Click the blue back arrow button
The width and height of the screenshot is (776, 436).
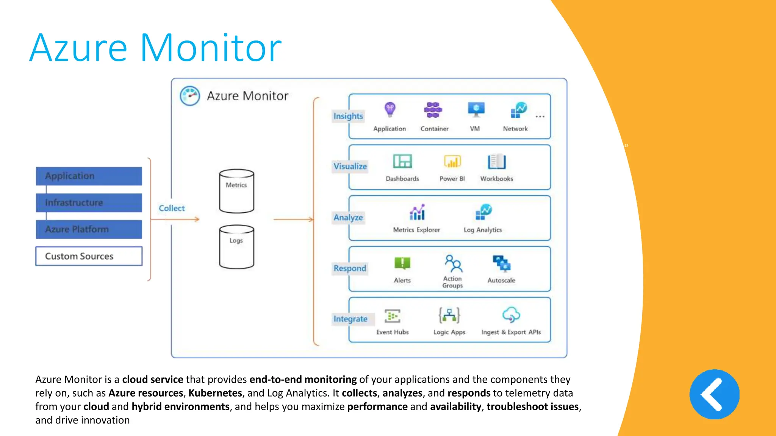tap(714, 394)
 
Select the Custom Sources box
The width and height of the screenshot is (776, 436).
tap(89, 256)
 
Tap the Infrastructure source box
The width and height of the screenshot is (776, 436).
tap(89, 203)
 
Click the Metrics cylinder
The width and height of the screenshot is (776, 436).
tap(236, 191)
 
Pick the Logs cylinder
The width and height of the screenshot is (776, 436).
tap(236, 247)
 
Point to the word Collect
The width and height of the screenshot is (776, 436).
tap(172, 208)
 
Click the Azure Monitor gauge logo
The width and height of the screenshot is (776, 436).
tap(190, 96)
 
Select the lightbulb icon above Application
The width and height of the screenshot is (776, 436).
tap(390, 110)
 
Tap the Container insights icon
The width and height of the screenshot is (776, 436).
tap(433, 110)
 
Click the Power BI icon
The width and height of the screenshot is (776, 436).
tap(452, 162)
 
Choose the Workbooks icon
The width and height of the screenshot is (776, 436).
tap(497, 162)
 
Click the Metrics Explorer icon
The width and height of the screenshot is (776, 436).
tap(417, 212)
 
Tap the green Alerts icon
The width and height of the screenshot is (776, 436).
tap(402, 263)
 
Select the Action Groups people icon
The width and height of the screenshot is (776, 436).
tap(453, 263)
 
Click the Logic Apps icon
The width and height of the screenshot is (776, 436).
tap(449, 315)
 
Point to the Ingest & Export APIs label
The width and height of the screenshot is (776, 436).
tap(511, 332)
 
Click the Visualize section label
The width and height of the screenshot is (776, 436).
tap(350, 167)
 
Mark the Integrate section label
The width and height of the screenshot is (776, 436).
tap(350, 319)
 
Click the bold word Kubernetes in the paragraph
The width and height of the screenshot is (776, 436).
tap(215, 393)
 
